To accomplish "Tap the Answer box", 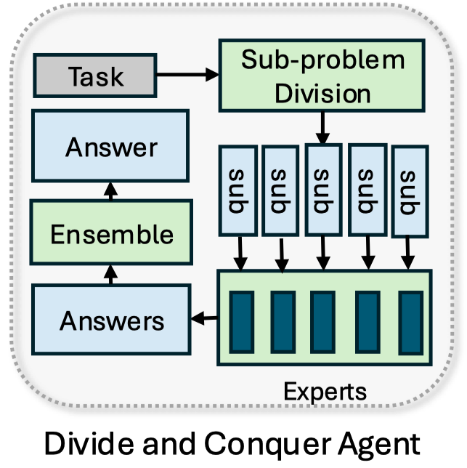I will coord(110,148).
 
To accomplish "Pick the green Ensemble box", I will coord(110,234).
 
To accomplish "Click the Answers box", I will coord(110,320).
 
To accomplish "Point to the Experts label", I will coord(325,392).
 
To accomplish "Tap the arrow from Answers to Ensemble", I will coord(110,275).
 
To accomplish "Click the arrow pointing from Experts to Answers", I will coord(205,317).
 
